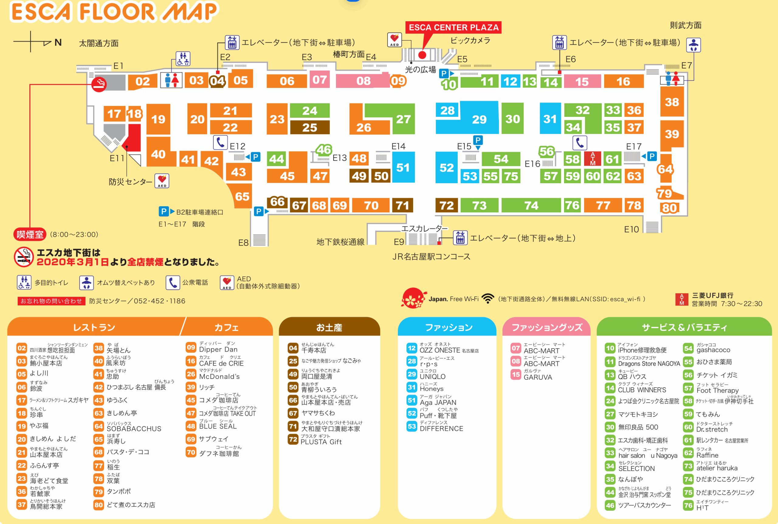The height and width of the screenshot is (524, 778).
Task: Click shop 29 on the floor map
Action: click(x=479, y=119)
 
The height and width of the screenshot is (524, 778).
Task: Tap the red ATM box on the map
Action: click(x=592, y=159)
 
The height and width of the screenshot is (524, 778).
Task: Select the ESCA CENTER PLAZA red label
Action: click(x=454, y=27)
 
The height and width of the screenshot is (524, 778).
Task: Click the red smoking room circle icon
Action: click(x=99, y=84)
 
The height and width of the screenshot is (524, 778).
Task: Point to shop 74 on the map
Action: click(x=531, y=205)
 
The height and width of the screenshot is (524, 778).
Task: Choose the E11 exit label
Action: click(x=117, y=158)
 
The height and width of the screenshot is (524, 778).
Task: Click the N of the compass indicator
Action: click(x=58, y=42)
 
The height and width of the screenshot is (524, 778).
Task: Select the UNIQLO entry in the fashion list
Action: click(x=432, y=376)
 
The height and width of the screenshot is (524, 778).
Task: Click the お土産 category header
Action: click(x=329, y=327)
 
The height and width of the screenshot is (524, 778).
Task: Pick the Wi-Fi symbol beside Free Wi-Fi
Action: click(x=488, y=299)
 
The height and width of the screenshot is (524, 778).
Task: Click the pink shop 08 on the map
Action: click(x=363, y=81)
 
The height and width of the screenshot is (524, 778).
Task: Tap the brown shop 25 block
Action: click(x=309, y=127)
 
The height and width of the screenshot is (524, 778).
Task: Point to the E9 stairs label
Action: click(x=399, y=242)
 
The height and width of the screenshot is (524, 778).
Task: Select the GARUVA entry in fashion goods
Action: click(x=538, y=377)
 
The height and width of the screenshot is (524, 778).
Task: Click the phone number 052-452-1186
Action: click(x=160, y=301)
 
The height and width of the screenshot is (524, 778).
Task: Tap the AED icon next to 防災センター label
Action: click(x=162, y=181)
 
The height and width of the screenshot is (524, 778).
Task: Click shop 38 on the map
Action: click(x=672, y=102)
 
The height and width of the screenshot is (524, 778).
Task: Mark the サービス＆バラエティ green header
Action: click(x=684, y=327)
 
